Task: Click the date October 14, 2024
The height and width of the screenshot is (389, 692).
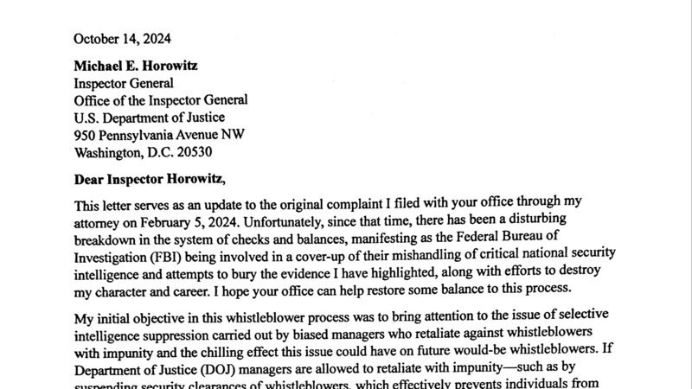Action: click(x=122, y=38)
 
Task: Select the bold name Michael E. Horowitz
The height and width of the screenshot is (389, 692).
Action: click(x=141, y=67)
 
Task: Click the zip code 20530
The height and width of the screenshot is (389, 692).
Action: click(x=189, y=151)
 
